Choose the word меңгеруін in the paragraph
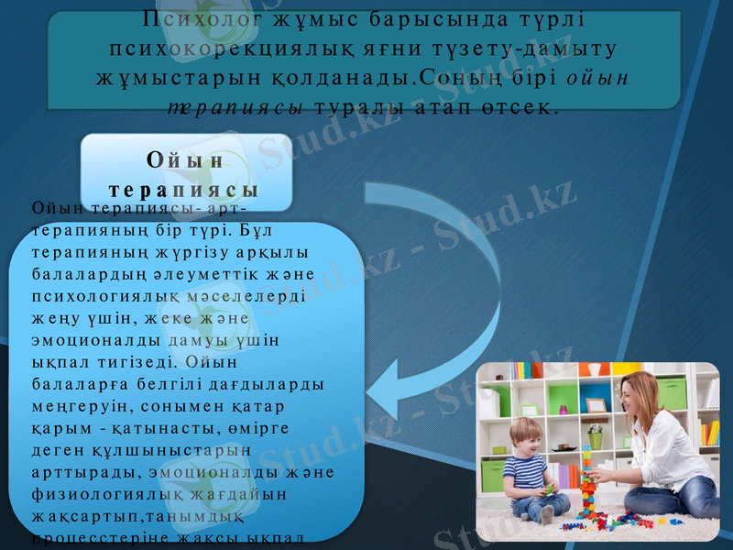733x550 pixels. coord(73,407)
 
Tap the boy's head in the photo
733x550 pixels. coord(524,434)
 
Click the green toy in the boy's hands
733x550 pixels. coord(549,490)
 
